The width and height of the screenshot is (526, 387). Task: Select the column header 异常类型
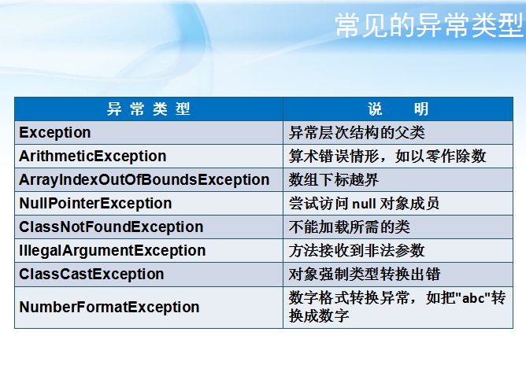tap(149, 109)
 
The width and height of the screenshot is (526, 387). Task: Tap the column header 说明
tap(398, 109)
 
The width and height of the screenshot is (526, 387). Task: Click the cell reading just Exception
tap(55, 132)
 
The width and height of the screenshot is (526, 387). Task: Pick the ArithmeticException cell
tap(93, 156)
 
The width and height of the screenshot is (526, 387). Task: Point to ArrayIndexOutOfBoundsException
tap(144, 179)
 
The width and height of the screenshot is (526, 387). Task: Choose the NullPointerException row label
tap(95, 203)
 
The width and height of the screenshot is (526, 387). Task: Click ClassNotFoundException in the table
tap(111, 227)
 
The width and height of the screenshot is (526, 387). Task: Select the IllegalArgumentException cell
tap(113, 250)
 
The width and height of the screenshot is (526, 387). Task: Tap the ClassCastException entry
tap(91, 274)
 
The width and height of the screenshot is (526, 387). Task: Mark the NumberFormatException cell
tap(109, 307)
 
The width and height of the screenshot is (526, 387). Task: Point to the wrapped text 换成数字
tap(319, 315)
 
